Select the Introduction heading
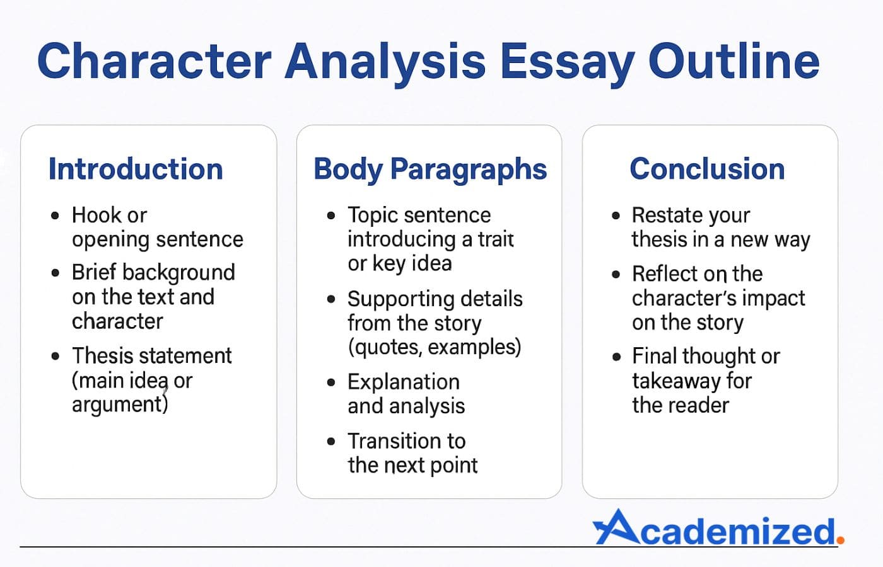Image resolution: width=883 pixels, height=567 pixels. (136, 169)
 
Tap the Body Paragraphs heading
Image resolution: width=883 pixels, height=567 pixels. (430, 169)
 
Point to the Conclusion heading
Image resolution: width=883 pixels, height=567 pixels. (707, 169)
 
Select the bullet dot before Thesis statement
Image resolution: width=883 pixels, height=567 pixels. (56, 356)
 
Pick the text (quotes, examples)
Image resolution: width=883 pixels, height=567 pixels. (434, 347)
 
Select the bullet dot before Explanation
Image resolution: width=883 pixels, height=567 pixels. (331, 382)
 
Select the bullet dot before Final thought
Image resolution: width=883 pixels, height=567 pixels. (616, 357)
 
